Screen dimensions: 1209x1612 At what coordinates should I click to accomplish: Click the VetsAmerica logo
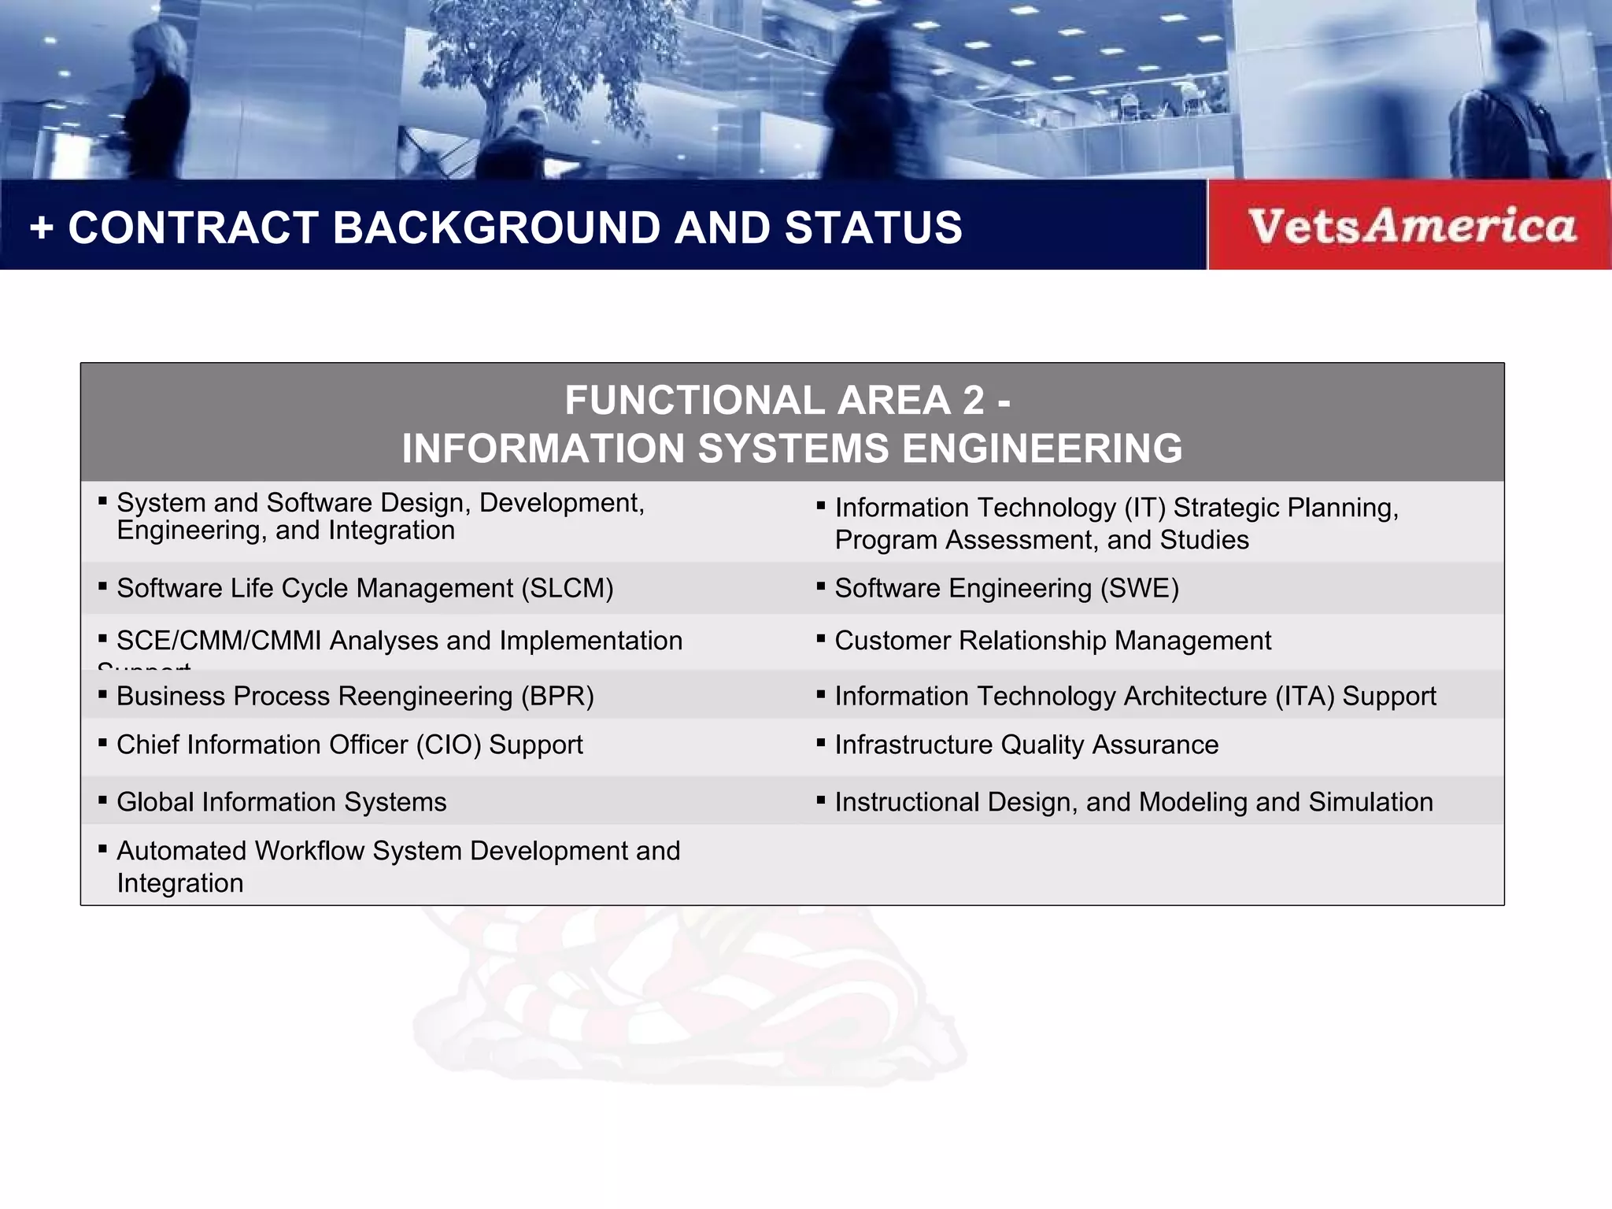point(1411,226)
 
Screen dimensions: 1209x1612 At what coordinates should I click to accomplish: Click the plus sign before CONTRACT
point(41,228)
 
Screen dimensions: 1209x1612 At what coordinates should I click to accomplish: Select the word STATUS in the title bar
point(873,228)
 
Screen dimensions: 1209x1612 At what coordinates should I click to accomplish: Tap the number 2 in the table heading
point(973,401)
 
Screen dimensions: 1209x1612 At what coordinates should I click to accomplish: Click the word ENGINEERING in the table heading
point(1041,449)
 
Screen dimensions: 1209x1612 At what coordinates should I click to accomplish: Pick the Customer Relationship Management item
point(1052,641)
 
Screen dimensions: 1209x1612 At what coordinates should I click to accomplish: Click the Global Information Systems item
point(281,802)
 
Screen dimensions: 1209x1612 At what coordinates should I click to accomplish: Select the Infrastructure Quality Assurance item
point(1026,745)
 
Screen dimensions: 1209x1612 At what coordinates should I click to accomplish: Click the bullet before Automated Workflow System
point(102,849)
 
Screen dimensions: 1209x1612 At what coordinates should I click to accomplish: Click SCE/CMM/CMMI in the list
point(219,641)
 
